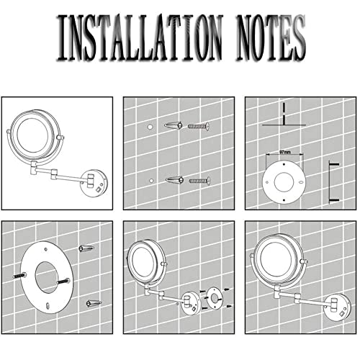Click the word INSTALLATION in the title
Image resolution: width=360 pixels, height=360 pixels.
point(139,37)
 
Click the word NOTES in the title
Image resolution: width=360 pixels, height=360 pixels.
point(271,37)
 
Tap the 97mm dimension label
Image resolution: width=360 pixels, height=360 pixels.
point(285,152)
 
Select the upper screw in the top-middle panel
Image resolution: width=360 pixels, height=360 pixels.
point(199,126)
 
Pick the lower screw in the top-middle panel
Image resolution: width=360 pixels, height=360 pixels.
point(199,181)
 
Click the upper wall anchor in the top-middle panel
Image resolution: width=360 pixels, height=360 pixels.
point(174,125)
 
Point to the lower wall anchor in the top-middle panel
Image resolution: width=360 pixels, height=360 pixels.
point(175,180)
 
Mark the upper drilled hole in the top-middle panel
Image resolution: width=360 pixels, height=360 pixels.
point(150,127)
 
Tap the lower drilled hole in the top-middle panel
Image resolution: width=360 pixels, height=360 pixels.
point(151,181)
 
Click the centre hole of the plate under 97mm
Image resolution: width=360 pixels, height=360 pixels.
point(284,181)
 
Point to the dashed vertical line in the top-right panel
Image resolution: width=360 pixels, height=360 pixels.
point(284,114)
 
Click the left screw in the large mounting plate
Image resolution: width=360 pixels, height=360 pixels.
point(19,276)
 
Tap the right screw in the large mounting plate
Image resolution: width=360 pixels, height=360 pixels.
point(63,282)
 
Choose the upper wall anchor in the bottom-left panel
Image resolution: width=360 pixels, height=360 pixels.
point(86,248)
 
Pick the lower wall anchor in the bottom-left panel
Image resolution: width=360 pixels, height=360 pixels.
point(94,303)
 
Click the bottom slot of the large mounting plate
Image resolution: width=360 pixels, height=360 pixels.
point(48,306)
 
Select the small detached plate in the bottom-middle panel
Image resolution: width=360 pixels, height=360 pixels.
point(215,298)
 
